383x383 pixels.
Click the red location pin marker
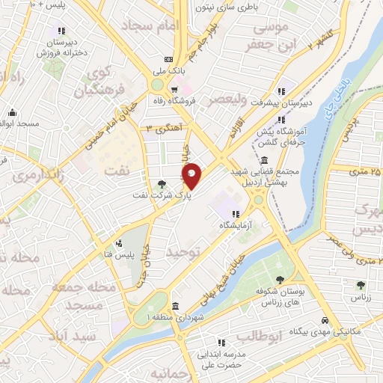coord(192,176)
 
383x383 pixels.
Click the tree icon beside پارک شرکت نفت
coord(163,183)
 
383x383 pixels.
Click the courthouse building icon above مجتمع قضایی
coord(266,160)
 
